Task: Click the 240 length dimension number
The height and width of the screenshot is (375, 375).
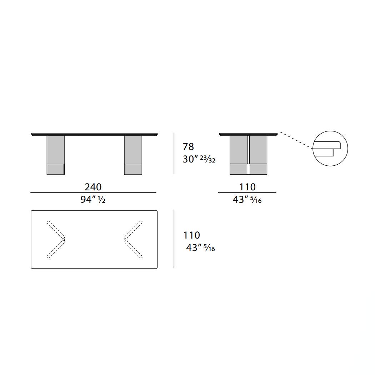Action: tap(93, 187)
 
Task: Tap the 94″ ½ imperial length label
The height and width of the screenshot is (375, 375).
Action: tap(93, 199)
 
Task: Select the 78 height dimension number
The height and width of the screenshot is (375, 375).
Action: tap(188, 146)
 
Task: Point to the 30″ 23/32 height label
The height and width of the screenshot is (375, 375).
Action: tap(199, 159)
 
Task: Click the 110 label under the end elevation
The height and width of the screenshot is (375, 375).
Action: tap(247, 187)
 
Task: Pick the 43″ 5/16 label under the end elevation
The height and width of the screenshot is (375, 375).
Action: tap(247, 199)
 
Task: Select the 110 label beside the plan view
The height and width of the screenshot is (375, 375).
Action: tap(191, 235)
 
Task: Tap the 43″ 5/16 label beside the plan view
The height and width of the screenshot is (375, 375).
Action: tap(200, 248)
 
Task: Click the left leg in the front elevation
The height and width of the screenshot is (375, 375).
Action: tap(55, 155)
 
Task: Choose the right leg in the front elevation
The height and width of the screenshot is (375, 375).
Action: tap(133, 155)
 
